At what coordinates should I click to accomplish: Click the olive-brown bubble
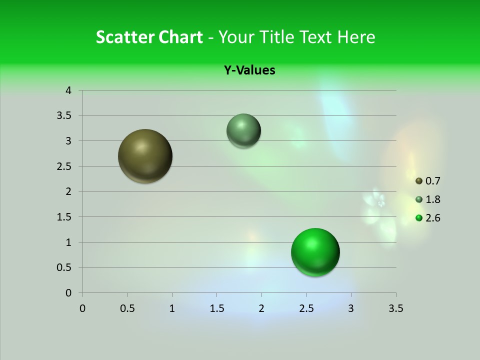pyautogui.click(x=145, y=156)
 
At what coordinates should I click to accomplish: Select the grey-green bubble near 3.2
pyautogui.click(x=243, y=130)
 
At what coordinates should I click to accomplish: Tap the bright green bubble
pyautogui.click(x=315, y=252)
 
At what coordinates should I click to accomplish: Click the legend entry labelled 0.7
pyautogui.click(x=427, y=181)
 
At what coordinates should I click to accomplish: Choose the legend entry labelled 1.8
pyautogui.click(x=427, y=199)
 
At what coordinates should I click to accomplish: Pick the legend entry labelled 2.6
pyautogui.click(x=427, y=218)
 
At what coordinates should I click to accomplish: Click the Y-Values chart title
pyautogui.click(x=249, y=70)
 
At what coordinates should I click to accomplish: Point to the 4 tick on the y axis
pyautogui.click(x=68, y=90)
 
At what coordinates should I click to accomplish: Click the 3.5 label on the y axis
pyautogui.click(x=64, y=116)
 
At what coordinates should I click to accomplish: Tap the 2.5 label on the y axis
pyautogui.click(x=64, y=166)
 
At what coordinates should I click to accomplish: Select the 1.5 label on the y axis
pyautogui.click(x=64, y=217)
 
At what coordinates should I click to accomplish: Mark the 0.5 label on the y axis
pyautogui.click(x=64, y=267)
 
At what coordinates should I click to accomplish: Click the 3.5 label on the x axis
pyautogui.click(x=395, y=308)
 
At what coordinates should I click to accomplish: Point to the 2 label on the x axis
pyautogui.click(x=261, y=308)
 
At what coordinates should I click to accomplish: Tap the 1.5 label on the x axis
pyautogui.click(x=216, y=308)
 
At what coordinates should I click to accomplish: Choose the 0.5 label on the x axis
pyautogui.click(x=127, y=308)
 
